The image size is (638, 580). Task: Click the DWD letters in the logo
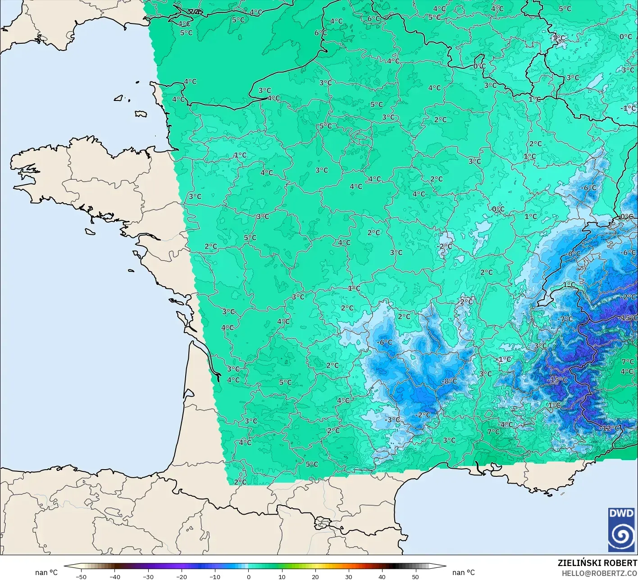[621, 513]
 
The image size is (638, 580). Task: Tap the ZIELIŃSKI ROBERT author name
[597, 563]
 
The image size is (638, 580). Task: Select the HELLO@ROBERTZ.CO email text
[599, 573]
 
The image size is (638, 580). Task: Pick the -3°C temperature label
[392, 420]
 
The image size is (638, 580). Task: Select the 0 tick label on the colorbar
[248, 576]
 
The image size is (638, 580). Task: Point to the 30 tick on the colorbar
[349, 576]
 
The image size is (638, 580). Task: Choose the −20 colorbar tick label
[181, 576]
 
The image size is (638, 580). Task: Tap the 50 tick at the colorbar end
[415, 576]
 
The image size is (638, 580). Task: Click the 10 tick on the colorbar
[282, 576]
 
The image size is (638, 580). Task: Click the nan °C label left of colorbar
[46, 572]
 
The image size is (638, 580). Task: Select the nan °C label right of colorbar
[464, 572]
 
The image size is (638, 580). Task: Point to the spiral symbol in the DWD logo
[621, 536]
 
